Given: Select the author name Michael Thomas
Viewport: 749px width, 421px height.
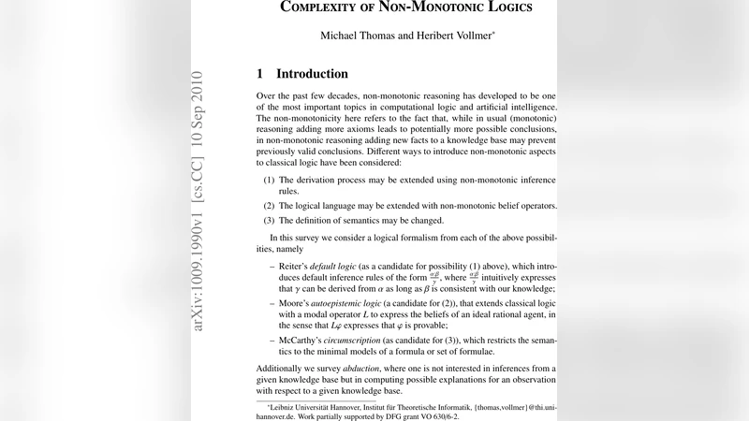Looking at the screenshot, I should (x=360, y=36).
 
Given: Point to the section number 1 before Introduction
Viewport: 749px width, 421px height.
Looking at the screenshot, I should (x=260, y=74).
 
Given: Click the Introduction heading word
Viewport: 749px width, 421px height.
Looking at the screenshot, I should (x=312, y=74).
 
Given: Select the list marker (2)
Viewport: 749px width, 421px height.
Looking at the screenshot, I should (x=269, y=205).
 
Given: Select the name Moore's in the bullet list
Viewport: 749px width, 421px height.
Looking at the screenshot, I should (x=295, y=305).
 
